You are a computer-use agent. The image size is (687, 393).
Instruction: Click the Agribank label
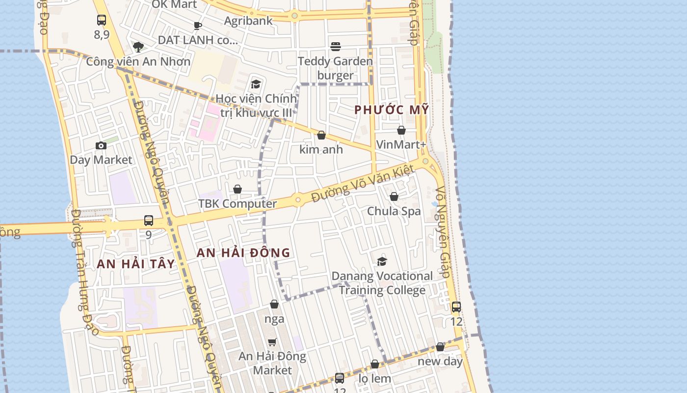pyautogui.click(x=248, y=21)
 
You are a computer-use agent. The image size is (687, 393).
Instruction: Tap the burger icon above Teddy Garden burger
pyautogui.click(x=336, y=47)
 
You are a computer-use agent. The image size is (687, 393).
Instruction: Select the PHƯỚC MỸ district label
pyautogui.click(x=392, y=110)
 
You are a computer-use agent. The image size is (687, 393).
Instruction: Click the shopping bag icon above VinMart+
pyautogui.click(x=401, y=130)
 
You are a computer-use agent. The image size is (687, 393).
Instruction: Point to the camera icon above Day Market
pyautogui.click(x=101, y=145)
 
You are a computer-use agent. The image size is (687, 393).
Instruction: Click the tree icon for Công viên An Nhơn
pyautogui.click(x=138, y=47)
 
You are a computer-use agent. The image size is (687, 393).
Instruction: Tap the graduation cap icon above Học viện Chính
pyautogui.click(x=256, y=84)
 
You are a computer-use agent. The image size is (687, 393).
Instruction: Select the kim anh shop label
pyautogui.click(x=321, y=149)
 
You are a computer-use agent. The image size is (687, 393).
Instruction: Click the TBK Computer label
pyautogui.click(x=238, y=203)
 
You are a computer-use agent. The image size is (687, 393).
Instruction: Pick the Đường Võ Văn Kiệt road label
pyautogui.click(x=363, y=184)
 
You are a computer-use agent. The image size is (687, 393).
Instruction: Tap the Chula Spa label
pyautogui.click(x=394, y=211)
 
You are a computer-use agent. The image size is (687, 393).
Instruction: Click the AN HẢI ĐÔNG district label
pyautogui.click(x=243, y=253)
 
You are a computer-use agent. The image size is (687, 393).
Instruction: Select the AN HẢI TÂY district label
pyautogui.click(x=136, y=264)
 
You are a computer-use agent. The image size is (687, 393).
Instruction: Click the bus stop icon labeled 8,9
pyautogui.click(x=102, y=20)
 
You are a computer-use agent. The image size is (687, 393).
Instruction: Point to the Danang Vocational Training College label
pyautogui.click(x=382, y=283)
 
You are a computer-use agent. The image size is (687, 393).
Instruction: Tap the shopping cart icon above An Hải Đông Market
pyautogui.click(x=272, y=342)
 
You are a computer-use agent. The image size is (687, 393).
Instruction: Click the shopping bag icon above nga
pyautogui.click(x=274, y=305)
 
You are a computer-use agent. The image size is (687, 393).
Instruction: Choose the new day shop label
pyautogui.click(x=440, y=362)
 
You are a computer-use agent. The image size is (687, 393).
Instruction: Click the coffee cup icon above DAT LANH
pyautogui.click(x=198, y=26)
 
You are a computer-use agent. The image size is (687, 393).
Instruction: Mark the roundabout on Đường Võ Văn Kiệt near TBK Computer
pyautogui.click(x=297, y=200)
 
